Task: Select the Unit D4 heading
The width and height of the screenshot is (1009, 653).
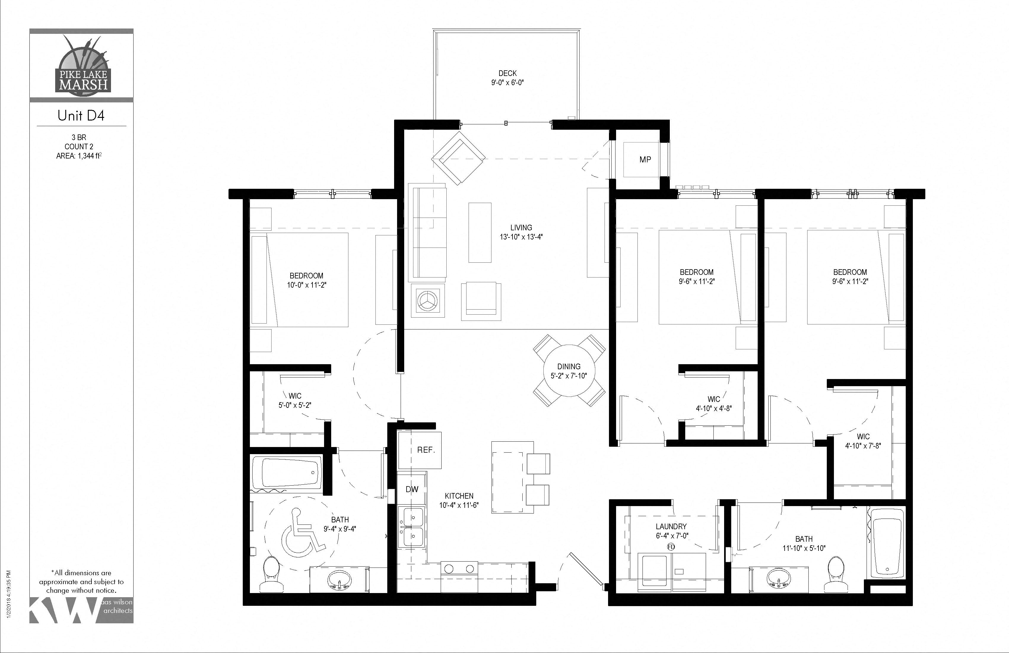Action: tap(81, 116)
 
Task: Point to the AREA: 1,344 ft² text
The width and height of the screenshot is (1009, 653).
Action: tap(79, 156)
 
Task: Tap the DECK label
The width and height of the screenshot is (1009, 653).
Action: tap(507, 73)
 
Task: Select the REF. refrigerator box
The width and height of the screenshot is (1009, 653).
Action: tap(420, 450)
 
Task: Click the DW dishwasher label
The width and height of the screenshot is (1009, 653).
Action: tap(412, 489)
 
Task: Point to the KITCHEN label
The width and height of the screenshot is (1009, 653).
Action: tap(459, 496)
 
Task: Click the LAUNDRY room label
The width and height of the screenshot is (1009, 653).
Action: tap(671, 526)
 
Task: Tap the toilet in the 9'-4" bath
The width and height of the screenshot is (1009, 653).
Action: tap(270, 576)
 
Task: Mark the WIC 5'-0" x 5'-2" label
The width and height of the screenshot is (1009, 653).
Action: tap(295, 401)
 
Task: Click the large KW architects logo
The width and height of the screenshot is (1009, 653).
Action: tap(64, 610)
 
